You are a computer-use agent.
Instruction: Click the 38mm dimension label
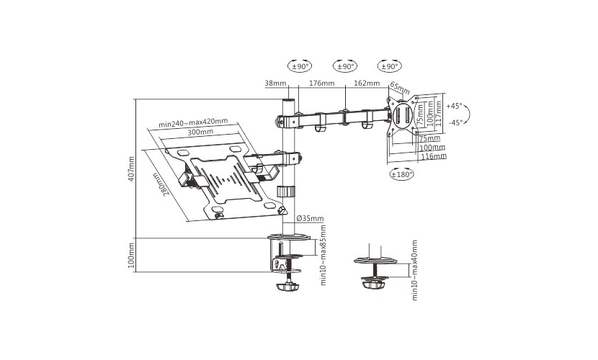click(275, 83)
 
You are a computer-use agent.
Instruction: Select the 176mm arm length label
click(322, 83)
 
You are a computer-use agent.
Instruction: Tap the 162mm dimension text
click(367, 83)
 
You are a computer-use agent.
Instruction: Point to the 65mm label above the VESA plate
click(399, 88)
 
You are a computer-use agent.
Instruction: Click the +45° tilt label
click(454, 106)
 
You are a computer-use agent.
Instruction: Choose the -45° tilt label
click(456, 122)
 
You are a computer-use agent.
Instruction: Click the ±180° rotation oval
click(402, 174)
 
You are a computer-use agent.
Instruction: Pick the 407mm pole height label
click(131, 168)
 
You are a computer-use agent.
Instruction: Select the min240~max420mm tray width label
click(193, 122)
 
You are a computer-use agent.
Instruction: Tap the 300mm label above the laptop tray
click(200, 132)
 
